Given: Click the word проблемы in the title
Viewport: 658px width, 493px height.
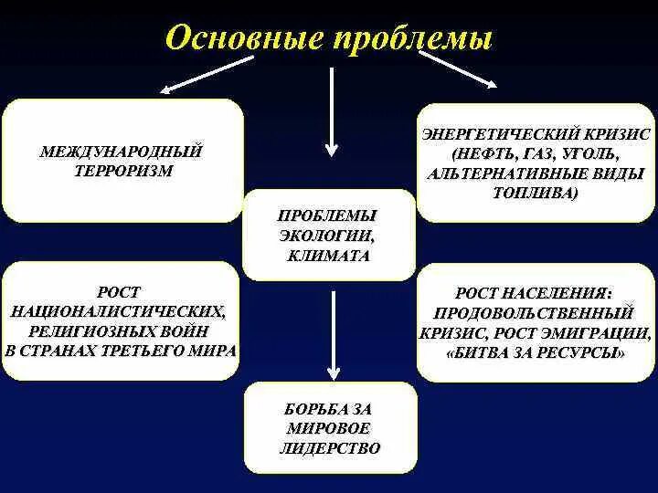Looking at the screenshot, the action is (x=416, y=38).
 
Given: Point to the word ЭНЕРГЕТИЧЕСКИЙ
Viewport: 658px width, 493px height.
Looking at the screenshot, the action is (x=497, y=134).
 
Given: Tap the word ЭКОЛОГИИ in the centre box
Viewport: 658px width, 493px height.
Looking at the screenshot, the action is (x=328, y=236).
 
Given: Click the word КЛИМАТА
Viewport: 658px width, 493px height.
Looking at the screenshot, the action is (x=328, y=257).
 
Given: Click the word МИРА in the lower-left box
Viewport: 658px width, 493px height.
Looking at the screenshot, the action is (x=212, y=351).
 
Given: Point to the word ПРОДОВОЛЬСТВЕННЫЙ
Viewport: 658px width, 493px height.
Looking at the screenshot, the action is (x=535, y=313).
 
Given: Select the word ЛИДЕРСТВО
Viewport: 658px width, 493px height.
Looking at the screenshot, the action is (x=328, y=448).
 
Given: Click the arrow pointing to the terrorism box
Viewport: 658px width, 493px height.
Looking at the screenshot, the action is (x=206, y=74).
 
